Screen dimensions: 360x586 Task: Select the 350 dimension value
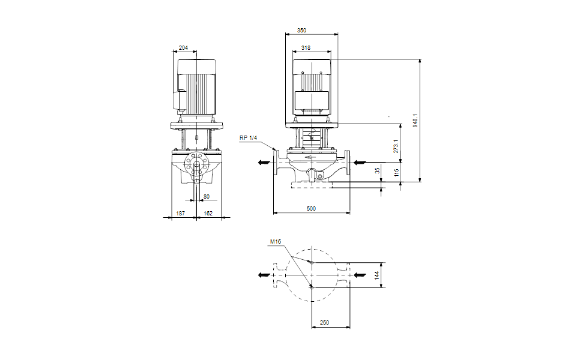pyautogui.click(x=301, y=29)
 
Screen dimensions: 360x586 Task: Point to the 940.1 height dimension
pyautogui.click(x=415, y=120)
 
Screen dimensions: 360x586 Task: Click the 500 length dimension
pyautogui.click(x=311, y=208)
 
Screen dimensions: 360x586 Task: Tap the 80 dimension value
pyautogui.click(x=207, y=196)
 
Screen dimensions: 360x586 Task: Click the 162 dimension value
pyautogui.click(x=208, y=213)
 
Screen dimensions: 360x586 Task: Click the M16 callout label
pyautogui.click(x=275, y=242)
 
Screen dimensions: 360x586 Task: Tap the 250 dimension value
pyautogui.click(x=324, y=323)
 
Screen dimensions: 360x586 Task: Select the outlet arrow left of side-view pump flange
pyautogui.click(x=264, y=162)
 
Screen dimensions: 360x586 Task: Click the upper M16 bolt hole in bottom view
pyautogui.click(x=311, y=262)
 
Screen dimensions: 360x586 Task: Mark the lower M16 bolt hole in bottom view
pyautogui.click(x=311, y=287)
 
